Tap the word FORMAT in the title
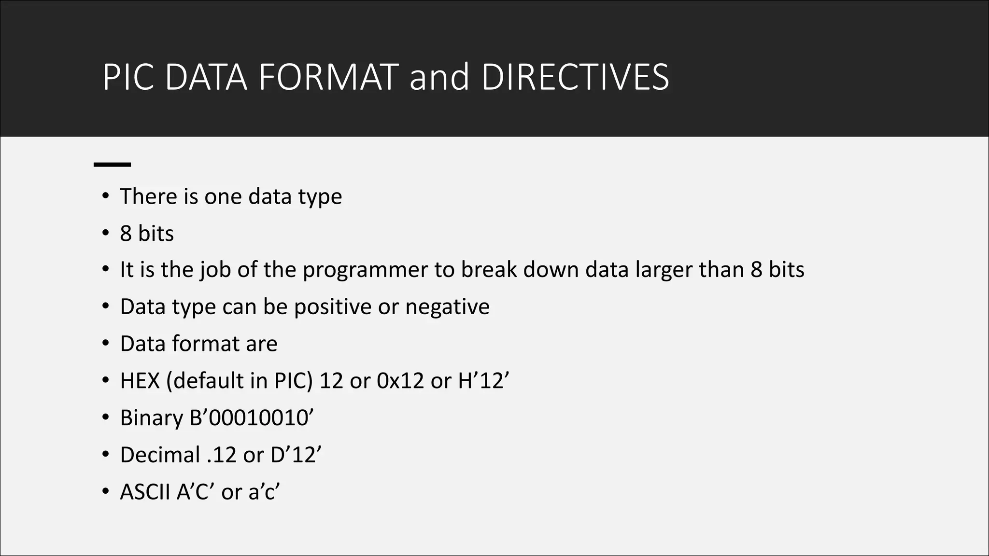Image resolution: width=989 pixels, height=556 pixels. point(328,77)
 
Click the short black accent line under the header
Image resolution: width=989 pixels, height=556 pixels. point(112,165)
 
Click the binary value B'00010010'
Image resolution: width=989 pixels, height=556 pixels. point(252,417)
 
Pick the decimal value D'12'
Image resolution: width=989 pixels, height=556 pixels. point(296,455)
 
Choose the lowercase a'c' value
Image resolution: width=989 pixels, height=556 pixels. point(264,492)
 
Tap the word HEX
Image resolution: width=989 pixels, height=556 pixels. point(140,381)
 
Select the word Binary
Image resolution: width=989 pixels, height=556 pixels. point(151,418)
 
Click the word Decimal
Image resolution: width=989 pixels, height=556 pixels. point(160,455)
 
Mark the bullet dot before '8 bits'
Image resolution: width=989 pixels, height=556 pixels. point(106,233)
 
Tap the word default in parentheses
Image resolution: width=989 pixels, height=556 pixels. point(209,381)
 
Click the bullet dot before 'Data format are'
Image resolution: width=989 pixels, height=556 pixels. point(106,344)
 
